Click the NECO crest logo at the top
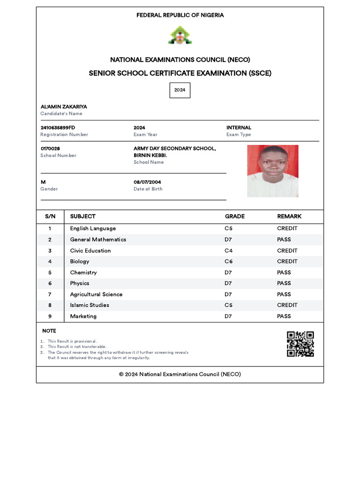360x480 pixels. (180, 35)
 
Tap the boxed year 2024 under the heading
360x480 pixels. (180, 90)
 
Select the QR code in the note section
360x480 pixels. (300, 344)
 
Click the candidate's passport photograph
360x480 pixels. (273, 171)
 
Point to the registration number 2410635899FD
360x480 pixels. (58, 127)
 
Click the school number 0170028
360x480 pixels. (50, 149)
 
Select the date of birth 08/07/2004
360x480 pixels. (147, 182)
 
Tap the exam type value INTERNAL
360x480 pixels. (239, 127)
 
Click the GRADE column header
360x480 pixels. (234, 217)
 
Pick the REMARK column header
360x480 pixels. (289, 217)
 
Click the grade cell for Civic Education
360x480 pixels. (228, 251)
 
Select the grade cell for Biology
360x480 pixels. (228, 262)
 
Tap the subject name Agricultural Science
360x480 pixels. (96, 294)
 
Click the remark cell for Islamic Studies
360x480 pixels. (287, 305)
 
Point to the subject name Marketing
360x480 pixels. (83, 316)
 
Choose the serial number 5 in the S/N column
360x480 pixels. (50, 272)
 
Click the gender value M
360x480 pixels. (43, 182)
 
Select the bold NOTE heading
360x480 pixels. (49, 331)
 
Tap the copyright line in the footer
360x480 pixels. (180, 375)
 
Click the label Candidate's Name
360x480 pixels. (61, 114)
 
